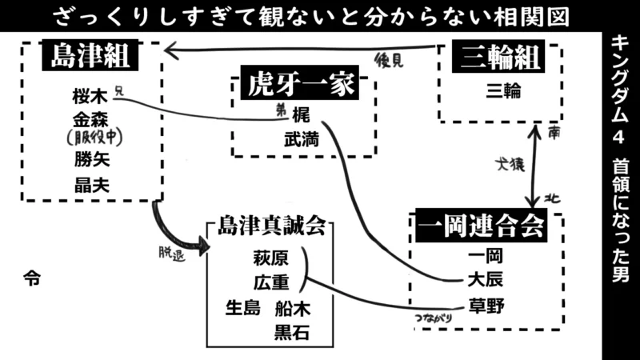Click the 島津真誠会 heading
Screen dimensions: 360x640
271,227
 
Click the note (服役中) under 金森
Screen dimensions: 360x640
92,138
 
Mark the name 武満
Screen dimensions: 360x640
301,138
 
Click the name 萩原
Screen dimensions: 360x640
270,258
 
